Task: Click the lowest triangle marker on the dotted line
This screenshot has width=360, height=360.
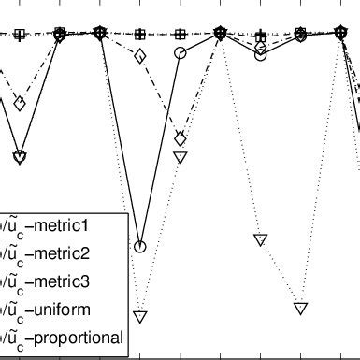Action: point(140,316)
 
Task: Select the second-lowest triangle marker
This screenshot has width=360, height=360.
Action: point(300,308)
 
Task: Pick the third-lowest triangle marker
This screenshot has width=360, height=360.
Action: point(261,239)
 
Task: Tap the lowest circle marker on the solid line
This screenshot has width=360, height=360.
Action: point(140,247)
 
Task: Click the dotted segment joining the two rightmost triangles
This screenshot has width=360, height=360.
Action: point(281,273)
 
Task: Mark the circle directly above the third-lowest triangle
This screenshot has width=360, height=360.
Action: point(261,54)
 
